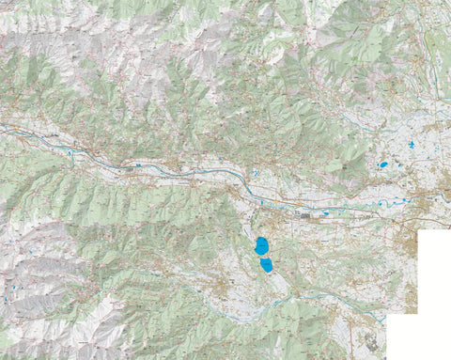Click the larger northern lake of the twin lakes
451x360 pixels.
pos(261,247)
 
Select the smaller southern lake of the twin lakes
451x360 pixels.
pos(267,265)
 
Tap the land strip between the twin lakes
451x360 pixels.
pos(264,257)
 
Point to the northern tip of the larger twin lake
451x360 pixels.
pos(259,239)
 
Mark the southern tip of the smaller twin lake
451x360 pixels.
pos(268,272)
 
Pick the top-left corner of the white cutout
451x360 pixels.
pos(418,230)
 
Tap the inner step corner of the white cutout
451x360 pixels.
pos(418,314)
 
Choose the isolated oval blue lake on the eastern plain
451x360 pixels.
pos(383,165)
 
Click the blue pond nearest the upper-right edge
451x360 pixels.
pos(412,145)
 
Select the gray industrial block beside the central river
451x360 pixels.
pos(305,214)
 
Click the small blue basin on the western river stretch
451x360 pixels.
pos(137,165)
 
